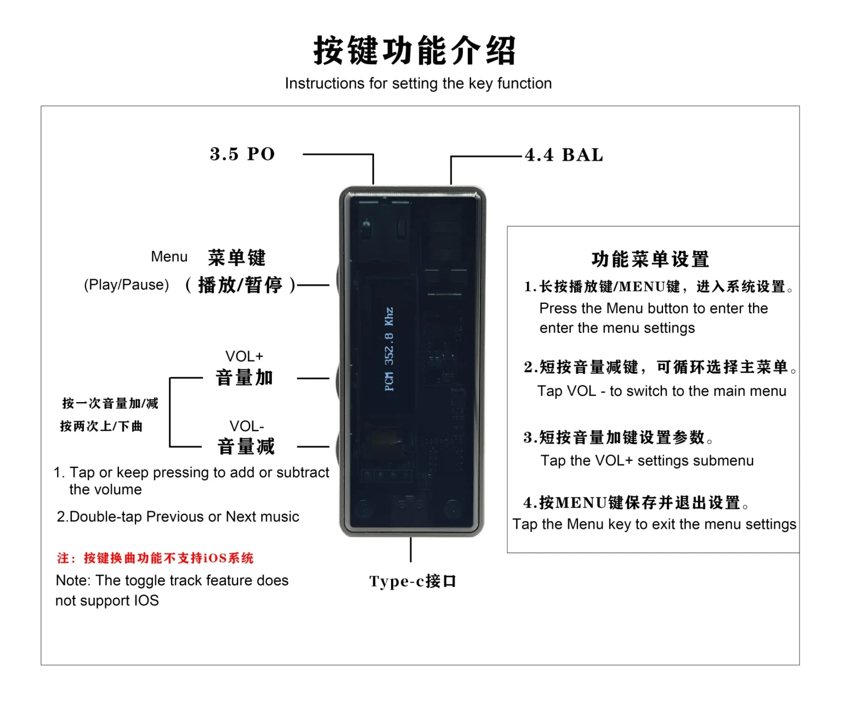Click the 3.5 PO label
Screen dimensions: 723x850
pyautogui.click(x=242, y=154)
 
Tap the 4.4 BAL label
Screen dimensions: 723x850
pyautogui.click(x=564, y=155)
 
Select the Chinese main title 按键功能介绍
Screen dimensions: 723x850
pyautogui.click(x=415, y=50)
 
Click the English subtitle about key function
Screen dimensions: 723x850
pyautogui.click(x=418, y=83)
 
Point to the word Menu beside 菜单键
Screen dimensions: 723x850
pyautogui.click(x=169, y=257)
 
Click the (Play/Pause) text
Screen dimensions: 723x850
pyautogui.click(x=126, y=285)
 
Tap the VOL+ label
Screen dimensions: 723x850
pyautogui.click(x=244, y=356)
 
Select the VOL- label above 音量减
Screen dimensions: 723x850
pyautogui.click(x=246, y=426)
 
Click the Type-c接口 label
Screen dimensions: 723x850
pyautogui.click(x=413, y=581)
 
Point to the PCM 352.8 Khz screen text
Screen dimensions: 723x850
pyautogui.click(x=389, y=349)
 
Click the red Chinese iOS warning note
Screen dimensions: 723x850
pyautogui.click(x=155, y=558)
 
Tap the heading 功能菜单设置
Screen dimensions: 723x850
pyautogui.click(x=650, y=259)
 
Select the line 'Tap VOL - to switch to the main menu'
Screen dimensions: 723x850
pyautogui.click(x=661, y=391)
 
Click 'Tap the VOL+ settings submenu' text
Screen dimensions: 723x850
pyautogui.click(x=647, y=460)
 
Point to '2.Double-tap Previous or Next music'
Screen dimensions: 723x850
pyautogui.click(x=178, y=517)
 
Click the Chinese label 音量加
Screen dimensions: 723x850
pyautogui.click(x=244, y=378)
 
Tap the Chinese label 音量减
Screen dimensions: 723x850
pyautogui.click(x=246, y=447)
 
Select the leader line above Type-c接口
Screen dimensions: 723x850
pyautogui.click(x=411, y=549)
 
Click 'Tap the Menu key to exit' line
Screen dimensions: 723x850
pyautogui.click(x=654, y=524)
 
